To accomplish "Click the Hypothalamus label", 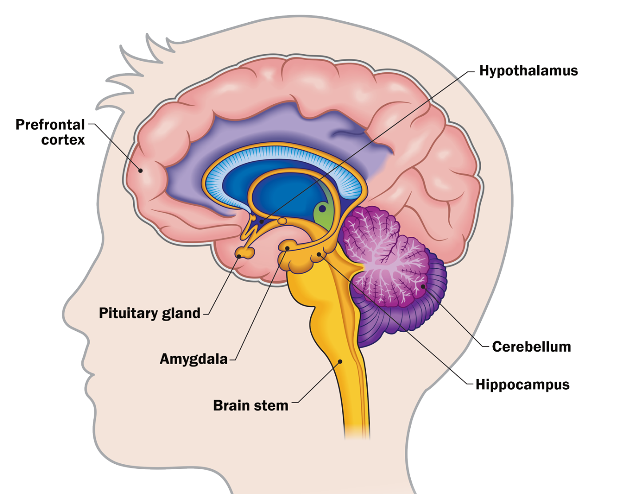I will pos(528,71).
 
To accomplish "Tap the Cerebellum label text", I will pos(531,347).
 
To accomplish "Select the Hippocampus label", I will pos(522,384).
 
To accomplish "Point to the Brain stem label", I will pos(250,405).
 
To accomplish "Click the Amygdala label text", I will pos(194,359).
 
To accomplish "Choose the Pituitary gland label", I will pos(150,313).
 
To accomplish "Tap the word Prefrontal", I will pos(50,125).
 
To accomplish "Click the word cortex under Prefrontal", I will pos(63,140).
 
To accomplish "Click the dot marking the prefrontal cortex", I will pos(140,170).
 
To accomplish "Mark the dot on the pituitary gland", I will pos(239,256).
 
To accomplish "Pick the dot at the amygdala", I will pos(287,248).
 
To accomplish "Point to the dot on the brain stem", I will pos(341,361).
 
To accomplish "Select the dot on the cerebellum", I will pos(423,286).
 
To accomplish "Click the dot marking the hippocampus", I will pos(319,255).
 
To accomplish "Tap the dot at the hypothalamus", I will pos(261,221).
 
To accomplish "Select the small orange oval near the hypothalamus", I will pos(282,220).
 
